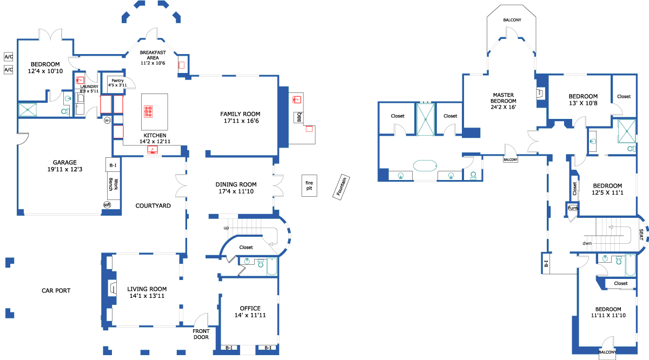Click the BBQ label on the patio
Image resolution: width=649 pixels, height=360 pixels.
[x=299, y=117]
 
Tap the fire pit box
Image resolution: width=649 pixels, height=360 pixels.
[x=309, y=185]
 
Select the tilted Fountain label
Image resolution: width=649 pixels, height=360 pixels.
[x=341, y=187]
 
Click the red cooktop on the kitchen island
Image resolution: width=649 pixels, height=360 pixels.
[x=148, y=111]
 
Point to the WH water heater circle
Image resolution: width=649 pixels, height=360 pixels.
[x=107, y=120]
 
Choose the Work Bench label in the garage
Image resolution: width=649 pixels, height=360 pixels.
[x=113, y=184]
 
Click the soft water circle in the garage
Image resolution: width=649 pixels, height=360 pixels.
[x=107, y=205]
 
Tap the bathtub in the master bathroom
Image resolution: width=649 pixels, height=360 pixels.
[x=425, y=166]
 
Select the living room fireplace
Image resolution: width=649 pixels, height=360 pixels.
[x=112, y=288]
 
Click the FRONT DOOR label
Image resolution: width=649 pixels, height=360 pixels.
[x=201, y=334]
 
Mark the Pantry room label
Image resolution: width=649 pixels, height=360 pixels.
[x=117, y=81]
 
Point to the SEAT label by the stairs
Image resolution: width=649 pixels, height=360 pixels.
[x=641, y=235]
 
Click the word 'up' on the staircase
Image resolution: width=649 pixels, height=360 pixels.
[x=226, y=228]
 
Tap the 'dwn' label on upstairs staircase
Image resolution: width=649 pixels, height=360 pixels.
[x=587, y=243]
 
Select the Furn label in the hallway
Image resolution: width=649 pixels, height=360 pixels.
[x=572, y=208]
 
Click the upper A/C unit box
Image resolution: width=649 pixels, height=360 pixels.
[x=9, y=57]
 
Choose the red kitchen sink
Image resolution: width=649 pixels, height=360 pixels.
[x=153, y=150]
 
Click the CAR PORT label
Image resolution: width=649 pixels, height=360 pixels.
[x=56, y=290]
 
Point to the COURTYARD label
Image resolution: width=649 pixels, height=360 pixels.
[x=153, y=205]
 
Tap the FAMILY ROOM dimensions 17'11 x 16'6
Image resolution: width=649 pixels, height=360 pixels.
[x=241, y=121]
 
